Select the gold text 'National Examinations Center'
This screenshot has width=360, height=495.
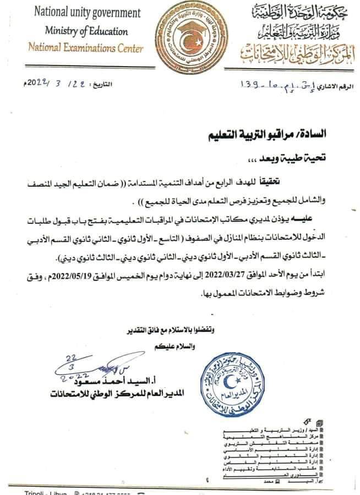pyautogui.click(x=86, y=48)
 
